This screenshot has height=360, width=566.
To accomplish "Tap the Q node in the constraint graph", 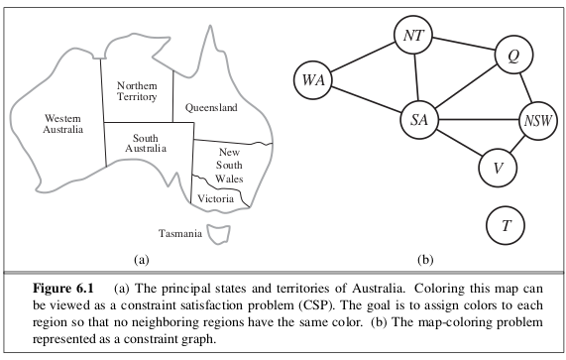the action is click(x=513, y=57).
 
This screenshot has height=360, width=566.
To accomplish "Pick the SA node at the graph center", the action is click(x=418, y=121).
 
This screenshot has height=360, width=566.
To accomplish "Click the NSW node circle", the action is click(x=537, y=122).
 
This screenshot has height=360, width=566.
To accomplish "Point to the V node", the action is click(x=496, y=167).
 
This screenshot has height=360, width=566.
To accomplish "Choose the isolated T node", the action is click(x=506, y=225).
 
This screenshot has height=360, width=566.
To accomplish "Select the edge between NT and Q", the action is click(x=463, y=46).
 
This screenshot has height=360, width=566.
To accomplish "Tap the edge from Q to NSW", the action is click(x=525, y=89).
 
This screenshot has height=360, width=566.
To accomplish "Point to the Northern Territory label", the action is click(x=135, y=92).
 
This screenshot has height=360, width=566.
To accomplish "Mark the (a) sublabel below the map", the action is click(x=140, y=261).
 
